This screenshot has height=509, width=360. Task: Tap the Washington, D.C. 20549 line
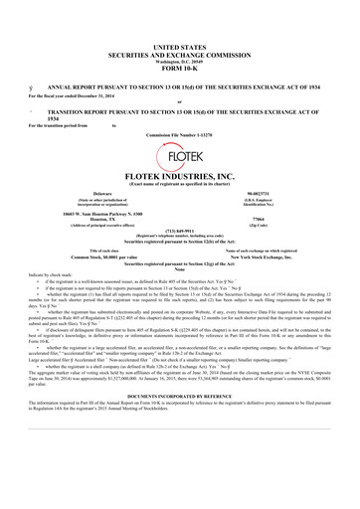(x=179, y=32)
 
